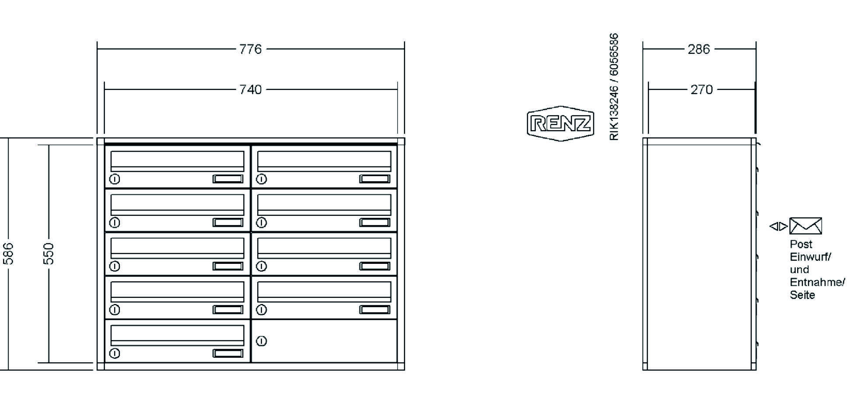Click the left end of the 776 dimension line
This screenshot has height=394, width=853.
tap(98, 49)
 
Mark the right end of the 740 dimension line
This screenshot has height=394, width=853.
tap(397, 90)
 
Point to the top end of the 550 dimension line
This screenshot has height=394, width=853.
tap(49, 145)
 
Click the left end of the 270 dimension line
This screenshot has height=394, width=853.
tap(648, 90)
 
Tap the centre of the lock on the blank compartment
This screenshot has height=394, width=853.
tap(261, 341)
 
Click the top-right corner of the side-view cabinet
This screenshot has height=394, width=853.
tap(756, 138)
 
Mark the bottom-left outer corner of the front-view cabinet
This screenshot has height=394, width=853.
tap(97, 370)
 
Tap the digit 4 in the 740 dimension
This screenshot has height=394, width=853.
tap(250, 90)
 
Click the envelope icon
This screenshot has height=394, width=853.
tap(805, 226)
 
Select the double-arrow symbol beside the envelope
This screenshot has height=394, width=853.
tap(779, 226)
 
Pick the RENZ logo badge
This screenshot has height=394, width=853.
tap(560, 123)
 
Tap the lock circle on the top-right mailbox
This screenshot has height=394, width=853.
tap(261, 179)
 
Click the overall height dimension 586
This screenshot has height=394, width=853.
tap(8, 253)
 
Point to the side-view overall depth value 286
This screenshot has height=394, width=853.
tap(699, 49)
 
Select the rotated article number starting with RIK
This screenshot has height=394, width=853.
tap(614, 86)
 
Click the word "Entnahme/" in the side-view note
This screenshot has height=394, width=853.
tap(817, 282)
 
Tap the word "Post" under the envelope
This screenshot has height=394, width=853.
tap(801, 244)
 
